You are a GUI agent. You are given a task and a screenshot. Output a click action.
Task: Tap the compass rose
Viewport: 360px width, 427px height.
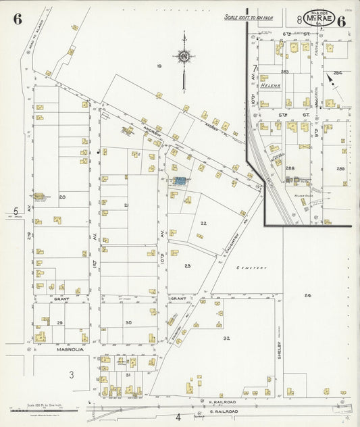pos(182,57)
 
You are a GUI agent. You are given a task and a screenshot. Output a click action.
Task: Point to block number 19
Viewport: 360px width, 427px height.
pos(159,66)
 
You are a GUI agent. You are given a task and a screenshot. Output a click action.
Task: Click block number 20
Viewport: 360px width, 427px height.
pos(62,197)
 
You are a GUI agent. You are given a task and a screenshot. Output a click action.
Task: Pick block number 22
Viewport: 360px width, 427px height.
pos(203,222)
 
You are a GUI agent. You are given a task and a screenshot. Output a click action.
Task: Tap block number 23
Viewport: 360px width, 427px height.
pos(187,266)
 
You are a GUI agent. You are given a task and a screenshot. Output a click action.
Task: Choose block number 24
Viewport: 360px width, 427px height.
pos(307,295)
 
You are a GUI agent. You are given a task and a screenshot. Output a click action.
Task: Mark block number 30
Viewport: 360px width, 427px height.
pos(128,323)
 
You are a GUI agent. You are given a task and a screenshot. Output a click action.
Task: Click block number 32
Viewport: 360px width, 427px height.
pos(227,337)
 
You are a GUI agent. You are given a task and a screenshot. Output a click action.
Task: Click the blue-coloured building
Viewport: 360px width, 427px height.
pos(180,181)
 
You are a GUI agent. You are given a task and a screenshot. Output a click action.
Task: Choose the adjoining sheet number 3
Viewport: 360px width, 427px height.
pos(70,374)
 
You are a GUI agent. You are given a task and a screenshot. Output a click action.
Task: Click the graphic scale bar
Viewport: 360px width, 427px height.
pos(44,410)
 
